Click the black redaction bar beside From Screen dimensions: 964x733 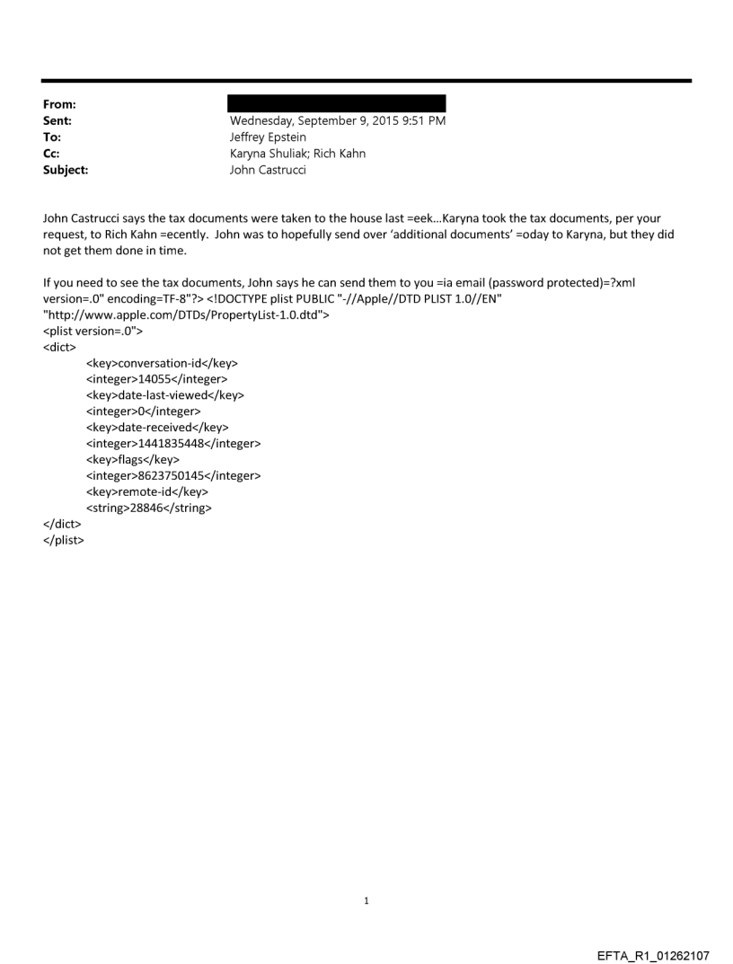click(x=337, y=103)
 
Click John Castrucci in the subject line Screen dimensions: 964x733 click(x=268, y=169)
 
